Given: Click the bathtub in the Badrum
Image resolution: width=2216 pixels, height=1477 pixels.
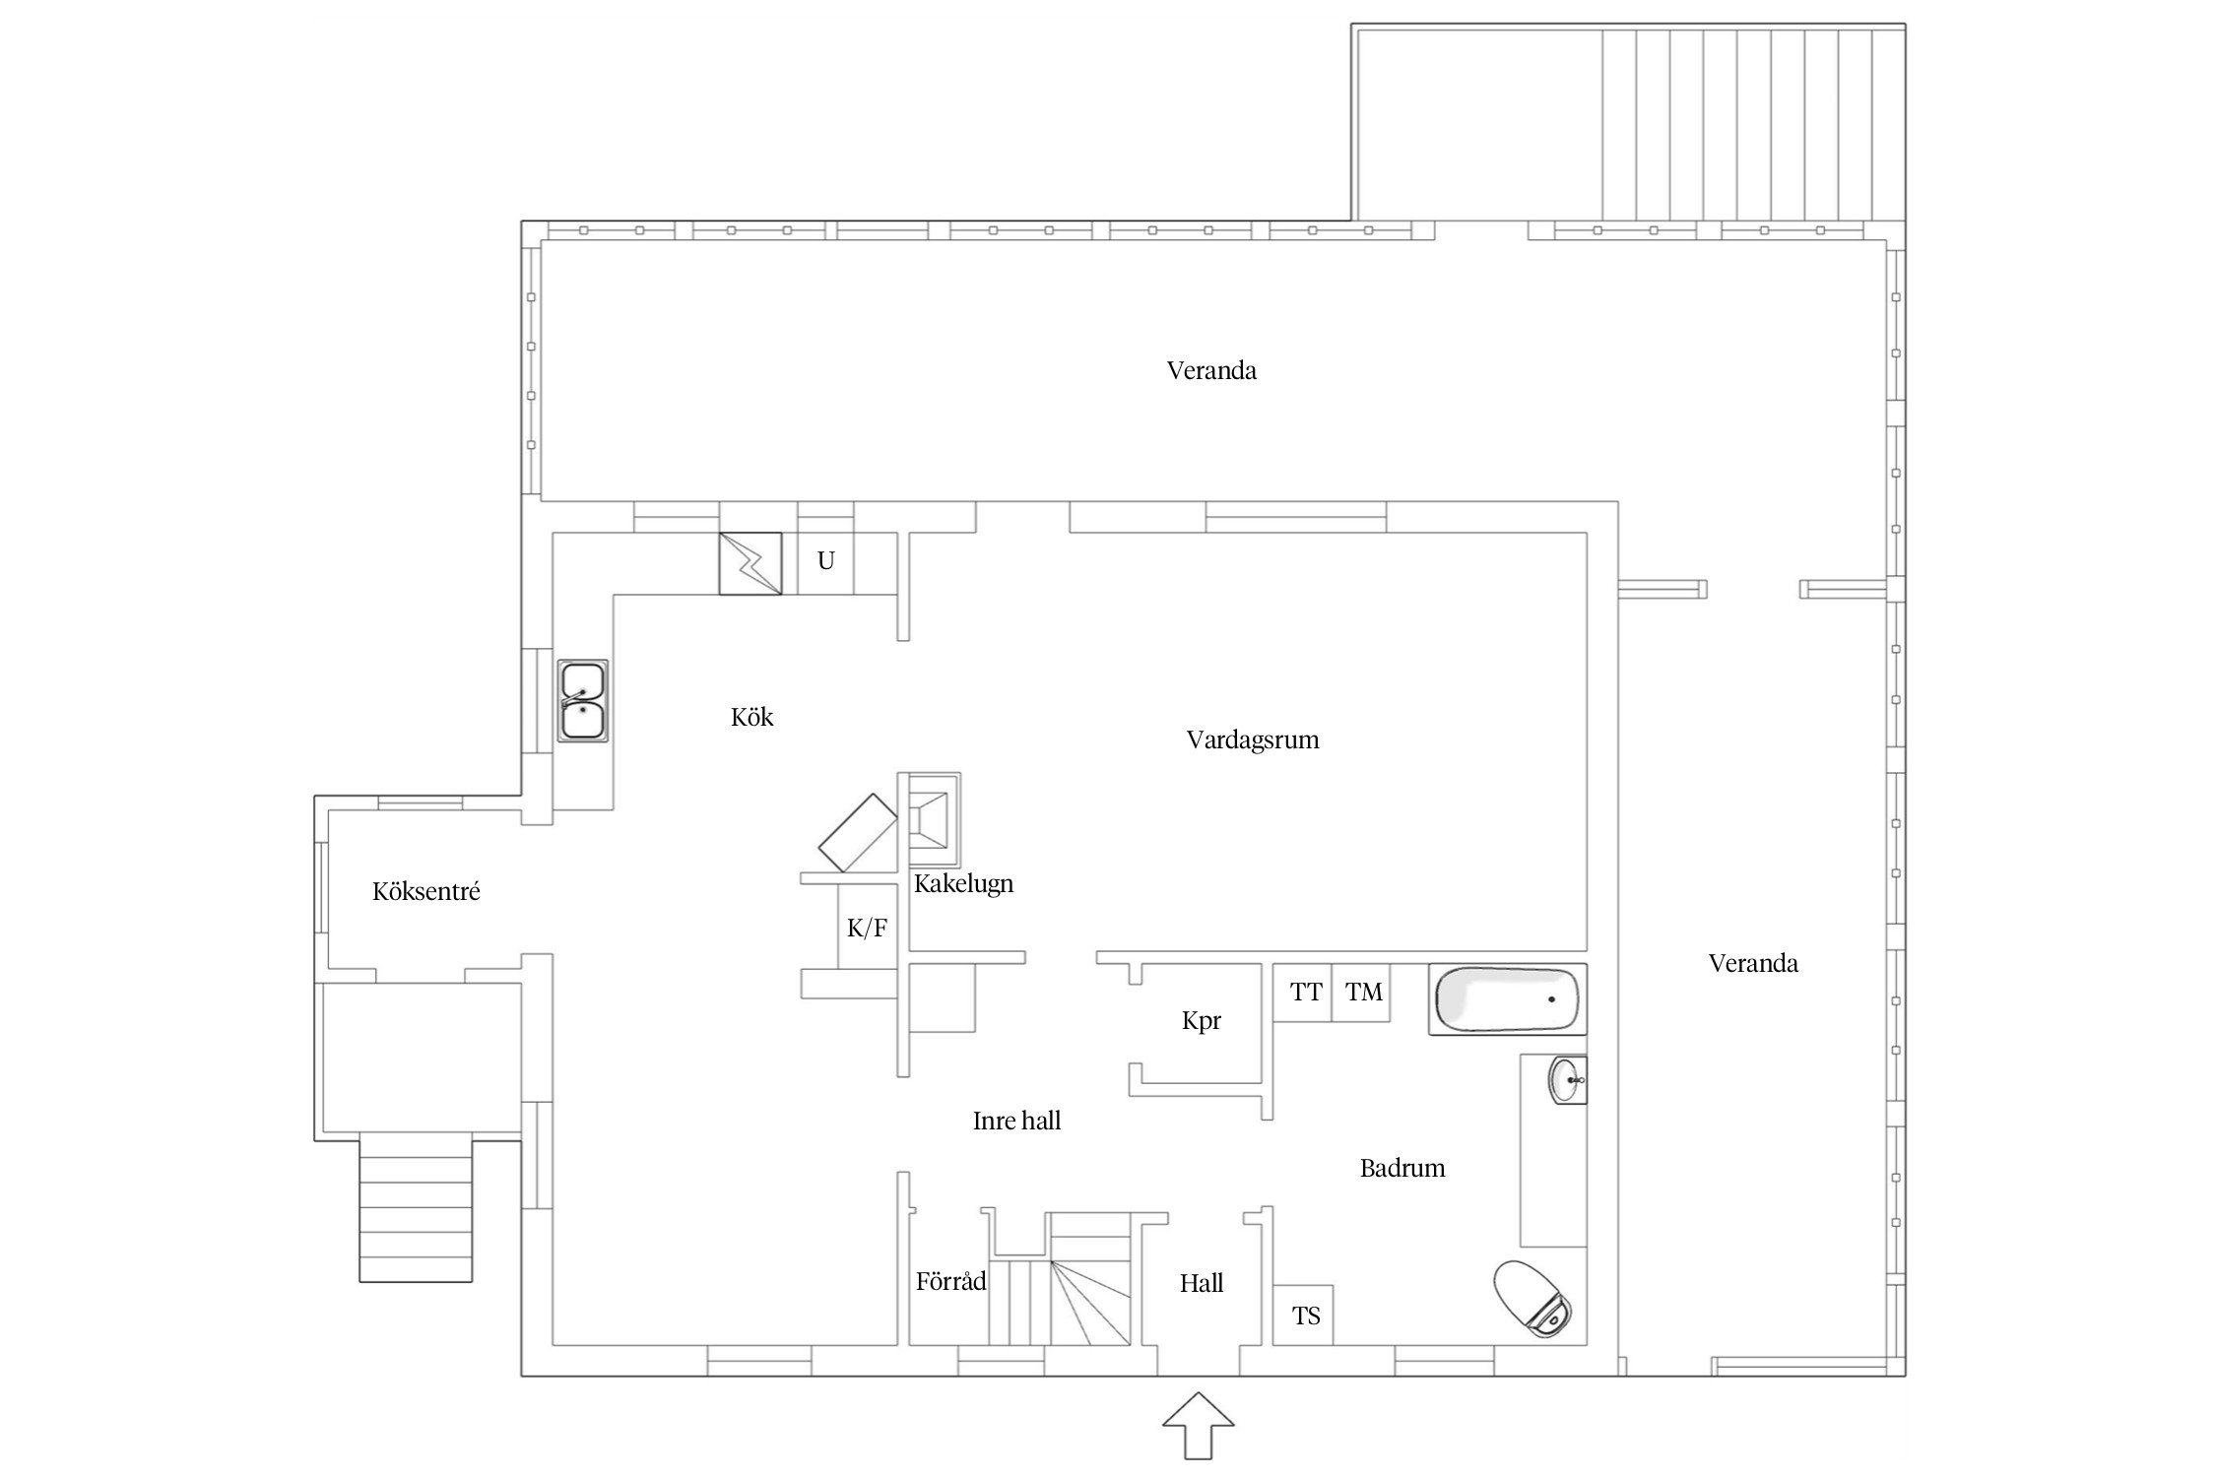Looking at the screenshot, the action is (x=1508, y=999).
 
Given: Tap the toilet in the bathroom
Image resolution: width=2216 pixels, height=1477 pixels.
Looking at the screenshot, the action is (x=1532, y=1299).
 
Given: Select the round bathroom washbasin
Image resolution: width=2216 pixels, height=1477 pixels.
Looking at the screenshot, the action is (x=1568, y=1080).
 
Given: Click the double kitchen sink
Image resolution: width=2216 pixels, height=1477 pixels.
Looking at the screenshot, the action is (x=583, y=700).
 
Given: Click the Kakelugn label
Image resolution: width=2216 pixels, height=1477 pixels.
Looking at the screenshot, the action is (x=963, y=883).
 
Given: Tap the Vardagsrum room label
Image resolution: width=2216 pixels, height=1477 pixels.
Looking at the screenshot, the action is (x=1252, y=739).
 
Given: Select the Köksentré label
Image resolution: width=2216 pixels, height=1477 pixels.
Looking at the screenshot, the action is (x=426, y=891).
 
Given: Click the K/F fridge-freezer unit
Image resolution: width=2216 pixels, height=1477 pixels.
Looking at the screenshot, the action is (x=868, y=927).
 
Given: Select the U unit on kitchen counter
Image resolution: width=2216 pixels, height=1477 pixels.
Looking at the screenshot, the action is (x=825, y=562).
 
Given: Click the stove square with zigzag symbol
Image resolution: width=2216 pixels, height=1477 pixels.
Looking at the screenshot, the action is (x=750, y=563).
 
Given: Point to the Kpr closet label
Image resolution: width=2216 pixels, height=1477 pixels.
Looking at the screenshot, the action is (x=1202, y=1021).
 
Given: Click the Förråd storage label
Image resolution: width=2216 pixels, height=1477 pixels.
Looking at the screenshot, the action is (x=950, y=1281).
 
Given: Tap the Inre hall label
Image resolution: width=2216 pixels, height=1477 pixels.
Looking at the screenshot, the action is (x=1016, y=1121).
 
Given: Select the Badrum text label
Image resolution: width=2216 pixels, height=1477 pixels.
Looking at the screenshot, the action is (x=1402, y=1168).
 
